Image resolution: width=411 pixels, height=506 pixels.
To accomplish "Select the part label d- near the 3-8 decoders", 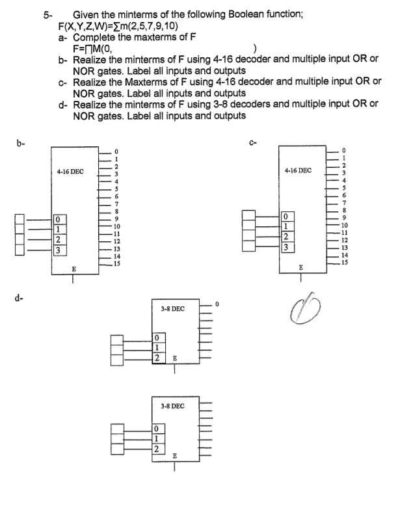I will tap(14, 299).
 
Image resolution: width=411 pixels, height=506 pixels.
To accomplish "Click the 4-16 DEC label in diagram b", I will tap(74, 171).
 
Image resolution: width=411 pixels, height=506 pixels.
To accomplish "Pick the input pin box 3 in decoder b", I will tap(59, 250).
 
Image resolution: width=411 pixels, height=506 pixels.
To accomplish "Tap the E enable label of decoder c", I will tap(300, 267).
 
